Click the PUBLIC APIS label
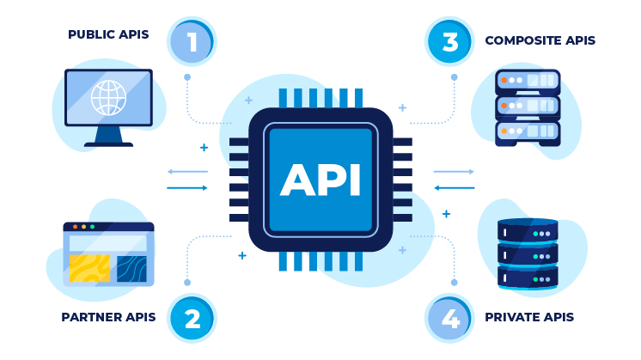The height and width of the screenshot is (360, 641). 108,35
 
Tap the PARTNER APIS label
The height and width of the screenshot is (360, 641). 108,317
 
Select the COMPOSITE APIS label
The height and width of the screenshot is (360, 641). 540,40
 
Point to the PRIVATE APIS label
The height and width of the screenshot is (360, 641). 529,317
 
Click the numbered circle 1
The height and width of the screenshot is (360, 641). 191,42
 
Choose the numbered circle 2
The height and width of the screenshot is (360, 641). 192,319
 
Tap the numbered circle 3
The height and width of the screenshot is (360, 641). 449,42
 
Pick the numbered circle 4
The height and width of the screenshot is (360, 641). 449,319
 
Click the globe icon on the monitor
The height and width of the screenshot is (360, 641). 108,97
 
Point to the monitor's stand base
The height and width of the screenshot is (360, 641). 108,143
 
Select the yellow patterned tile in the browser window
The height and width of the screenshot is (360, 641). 89,268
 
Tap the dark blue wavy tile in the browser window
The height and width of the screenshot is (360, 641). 131,268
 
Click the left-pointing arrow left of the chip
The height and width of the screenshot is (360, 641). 187,172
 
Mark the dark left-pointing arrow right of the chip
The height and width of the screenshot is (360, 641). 455,187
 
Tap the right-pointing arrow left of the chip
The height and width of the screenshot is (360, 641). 187,187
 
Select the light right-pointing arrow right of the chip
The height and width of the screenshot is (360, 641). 455,172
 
